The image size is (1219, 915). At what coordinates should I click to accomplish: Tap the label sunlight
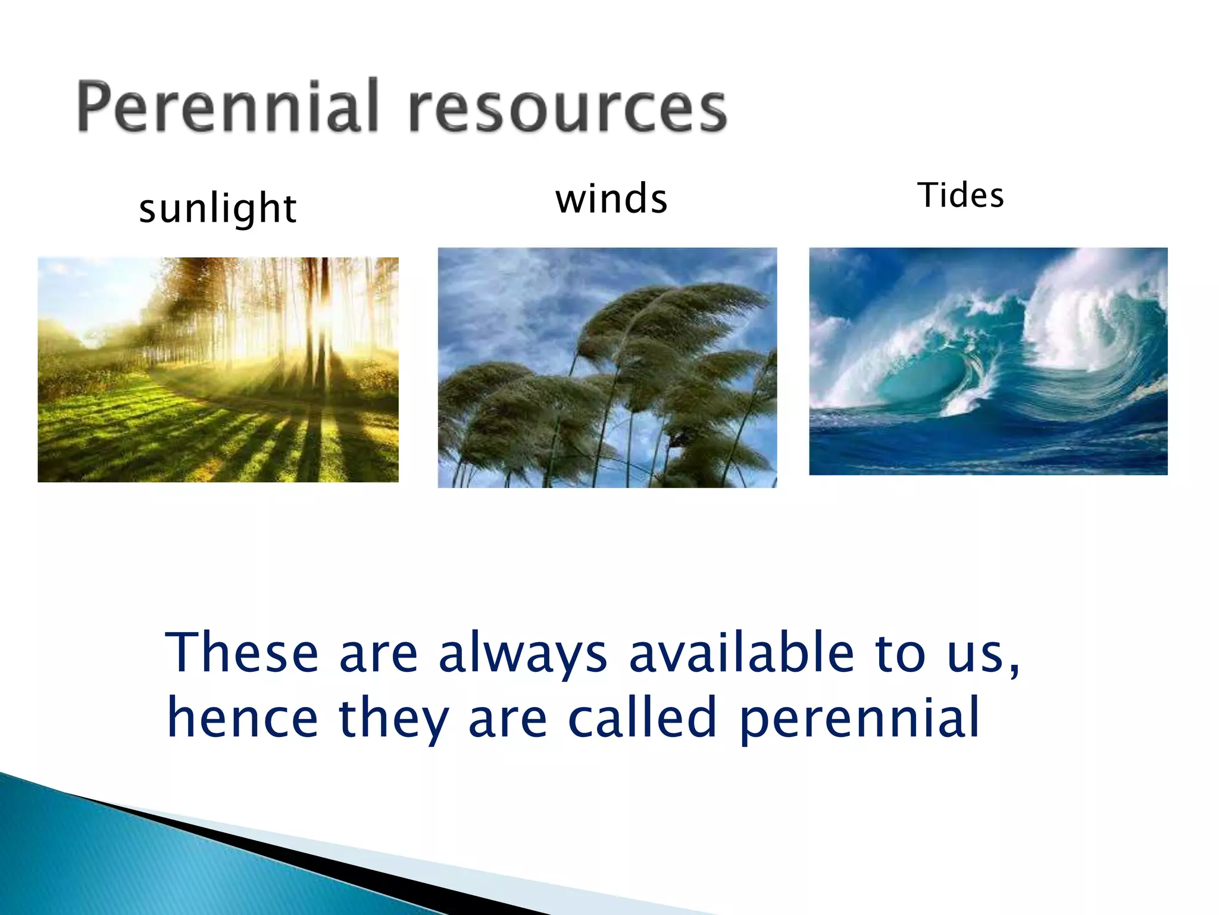click(x=217, y=208)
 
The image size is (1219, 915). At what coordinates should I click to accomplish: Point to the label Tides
click(x=961, y=195)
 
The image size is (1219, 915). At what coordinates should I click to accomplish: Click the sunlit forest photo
click(x=218, y=369)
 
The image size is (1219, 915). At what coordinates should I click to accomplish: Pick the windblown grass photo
click(x=607, y=368)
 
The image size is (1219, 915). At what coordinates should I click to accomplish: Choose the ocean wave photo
click(x=988, y=361)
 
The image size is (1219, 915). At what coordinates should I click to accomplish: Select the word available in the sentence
click(x=742, y=652)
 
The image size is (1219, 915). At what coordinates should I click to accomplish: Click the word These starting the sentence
click(x=242, y=652)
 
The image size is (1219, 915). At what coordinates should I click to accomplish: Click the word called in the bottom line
click(x=642, y=718)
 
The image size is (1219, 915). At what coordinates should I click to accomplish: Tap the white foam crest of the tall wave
click(x=1089, y=310)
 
